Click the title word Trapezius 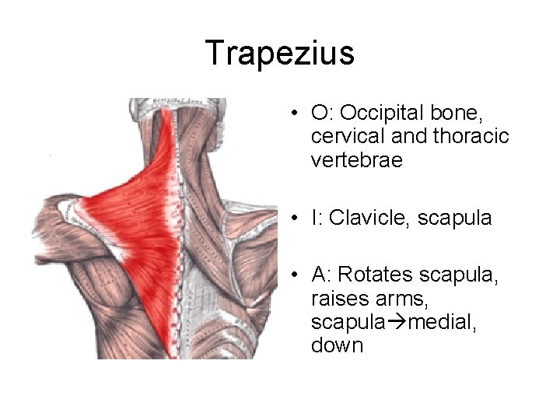[280, 53]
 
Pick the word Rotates [376, 274]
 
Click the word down [337, 345]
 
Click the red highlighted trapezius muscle [148, 210]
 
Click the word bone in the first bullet [462, 114]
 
